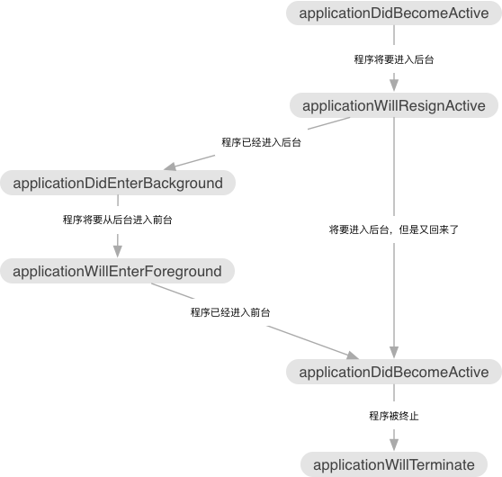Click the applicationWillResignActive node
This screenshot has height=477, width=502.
tap(394, 105)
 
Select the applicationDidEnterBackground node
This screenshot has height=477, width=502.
tap(118, 183)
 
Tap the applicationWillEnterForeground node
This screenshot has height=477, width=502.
tap(118, 271)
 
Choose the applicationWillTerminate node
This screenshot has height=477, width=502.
tap(394, 464)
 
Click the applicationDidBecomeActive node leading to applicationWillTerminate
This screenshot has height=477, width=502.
tap(394, 372)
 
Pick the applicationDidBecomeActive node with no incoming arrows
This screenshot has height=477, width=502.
tap(394, 13)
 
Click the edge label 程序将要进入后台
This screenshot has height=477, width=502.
tap(394, 59)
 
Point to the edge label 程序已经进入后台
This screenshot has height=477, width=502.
tap(261, 142)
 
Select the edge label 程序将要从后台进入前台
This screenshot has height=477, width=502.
tap(118, 220)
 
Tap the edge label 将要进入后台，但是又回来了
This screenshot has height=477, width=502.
tap(394, 229)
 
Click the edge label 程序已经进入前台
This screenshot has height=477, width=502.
tap(230, 312)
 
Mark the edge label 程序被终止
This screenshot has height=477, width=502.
tap(394, 416)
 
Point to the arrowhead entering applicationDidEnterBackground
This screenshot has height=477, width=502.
tap(170, 166)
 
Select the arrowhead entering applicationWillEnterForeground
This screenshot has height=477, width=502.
tap(118, 251)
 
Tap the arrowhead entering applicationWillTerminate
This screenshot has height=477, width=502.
tap(394, 445)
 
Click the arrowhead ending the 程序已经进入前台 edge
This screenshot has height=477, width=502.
tap(353, 355)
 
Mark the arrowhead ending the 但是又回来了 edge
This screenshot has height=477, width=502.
tap(394, 352)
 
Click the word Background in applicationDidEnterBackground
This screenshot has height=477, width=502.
tap(183, 184)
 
